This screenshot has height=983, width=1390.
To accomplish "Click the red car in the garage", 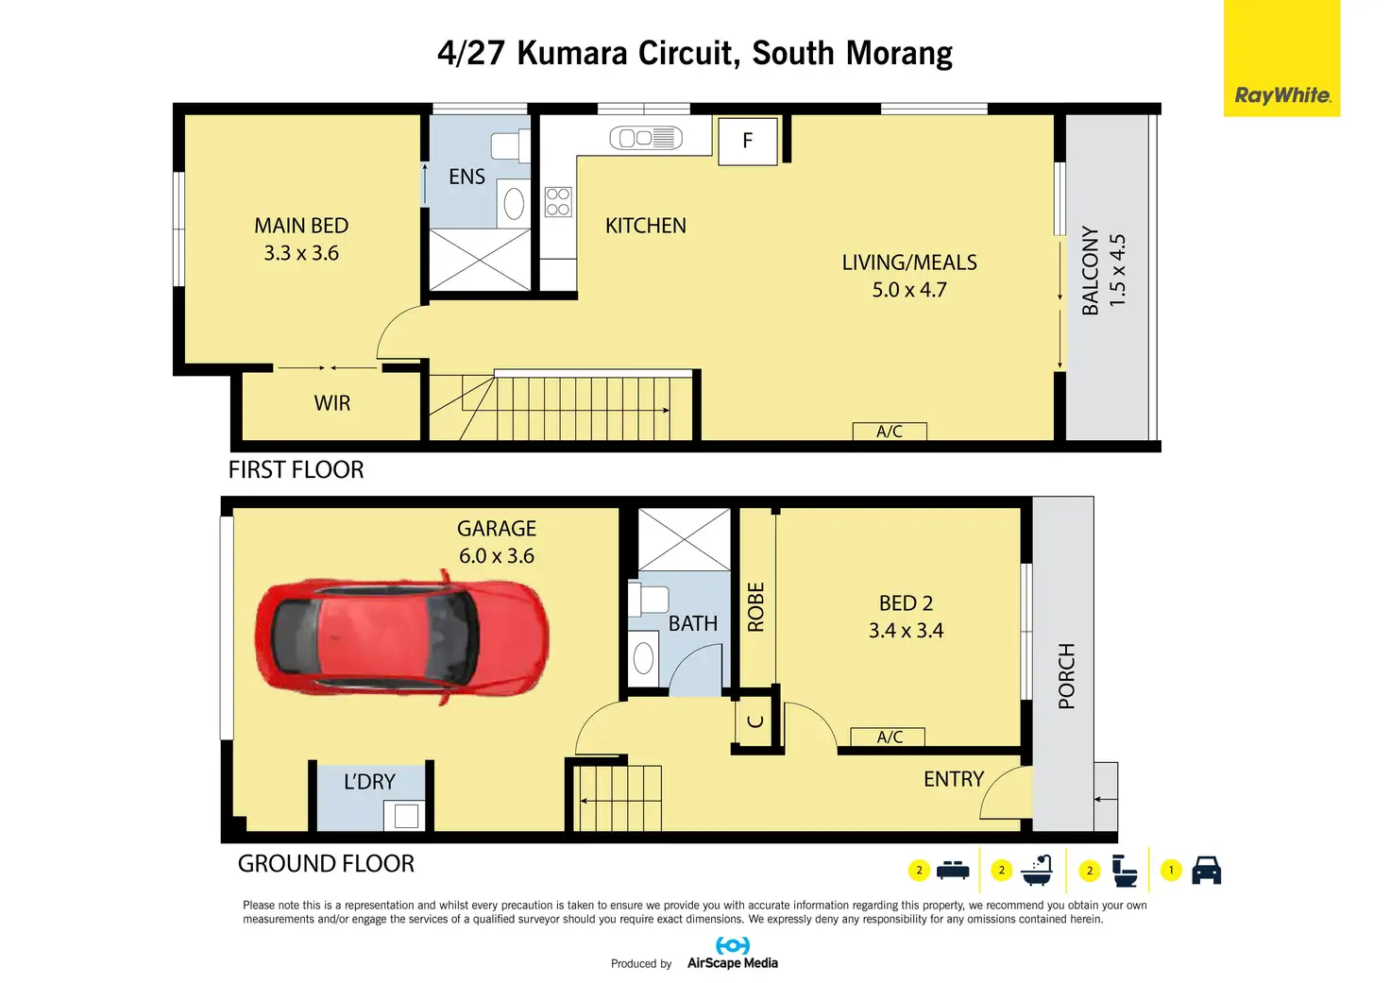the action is point(401,636).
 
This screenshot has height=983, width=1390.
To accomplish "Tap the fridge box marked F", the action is point(748,141).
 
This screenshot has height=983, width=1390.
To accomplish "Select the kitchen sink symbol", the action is point(646,138).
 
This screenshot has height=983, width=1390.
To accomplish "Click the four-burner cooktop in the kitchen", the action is point(558,202).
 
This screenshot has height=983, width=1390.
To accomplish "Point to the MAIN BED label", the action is point(301,226).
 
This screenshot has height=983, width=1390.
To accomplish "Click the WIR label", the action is point(332,403).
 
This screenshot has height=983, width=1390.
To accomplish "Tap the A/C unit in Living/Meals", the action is point(889,432).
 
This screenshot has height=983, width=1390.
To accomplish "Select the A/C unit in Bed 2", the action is point(888,737).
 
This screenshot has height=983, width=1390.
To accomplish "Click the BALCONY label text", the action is point(1091,270).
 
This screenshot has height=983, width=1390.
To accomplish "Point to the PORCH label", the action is point(1067,676).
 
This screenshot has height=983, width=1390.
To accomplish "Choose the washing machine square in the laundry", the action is point(406,815).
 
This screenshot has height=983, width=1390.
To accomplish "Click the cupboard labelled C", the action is point(755,721).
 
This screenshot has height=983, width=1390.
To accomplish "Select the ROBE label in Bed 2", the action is point(756,606).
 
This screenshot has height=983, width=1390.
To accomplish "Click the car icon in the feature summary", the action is point(1206,870).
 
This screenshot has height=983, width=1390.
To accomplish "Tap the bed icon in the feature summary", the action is point(953,870).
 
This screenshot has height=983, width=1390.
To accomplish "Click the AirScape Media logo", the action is point(733,954).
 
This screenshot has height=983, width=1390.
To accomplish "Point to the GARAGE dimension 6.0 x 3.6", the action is point(497,556).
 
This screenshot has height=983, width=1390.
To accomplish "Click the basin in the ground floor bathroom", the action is point(644,658).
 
